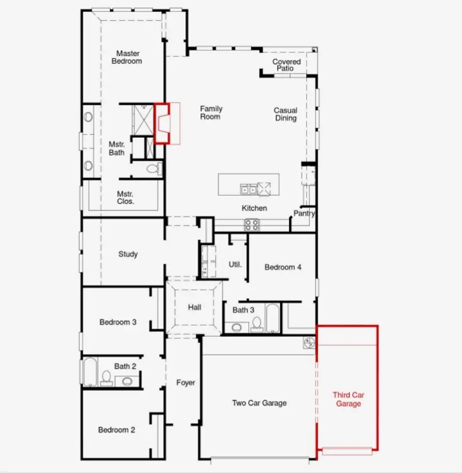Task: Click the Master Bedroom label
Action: click(127, 57)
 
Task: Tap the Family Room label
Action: click(211, 112)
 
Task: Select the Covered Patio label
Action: click(286, 65)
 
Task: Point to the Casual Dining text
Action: click(285, 114)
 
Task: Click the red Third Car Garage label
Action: click(348, 399)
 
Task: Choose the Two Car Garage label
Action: click(259, 403)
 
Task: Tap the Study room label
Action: click(128, 254)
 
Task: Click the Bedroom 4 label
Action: click(283, 267)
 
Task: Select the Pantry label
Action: click(304, 213)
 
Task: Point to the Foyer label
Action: click(185, 382)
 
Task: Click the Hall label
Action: click(195, 307)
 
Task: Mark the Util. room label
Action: click(235, 264)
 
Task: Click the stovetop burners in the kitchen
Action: click(252, 224)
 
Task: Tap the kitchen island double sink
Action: click(248, 189)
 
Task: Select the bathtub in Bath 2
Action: click(90, 371)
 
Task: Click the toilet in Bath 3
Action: click(256, 325)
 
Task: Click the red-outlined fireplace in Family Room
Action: click(163, 123)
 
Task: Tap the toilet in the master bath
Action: click(153, 168)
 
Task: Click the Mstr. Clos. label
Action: click(126, 197)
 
